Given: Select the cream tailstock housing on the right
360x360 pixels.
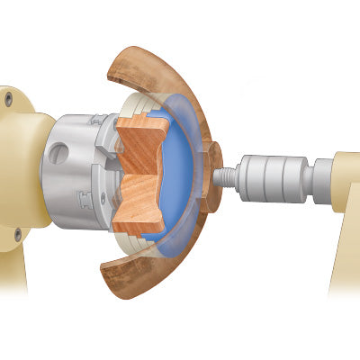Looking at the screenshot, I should [x=347, y=180].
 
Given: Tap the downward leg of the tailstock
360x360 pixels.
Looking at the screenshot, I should [x=346, y=261].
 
